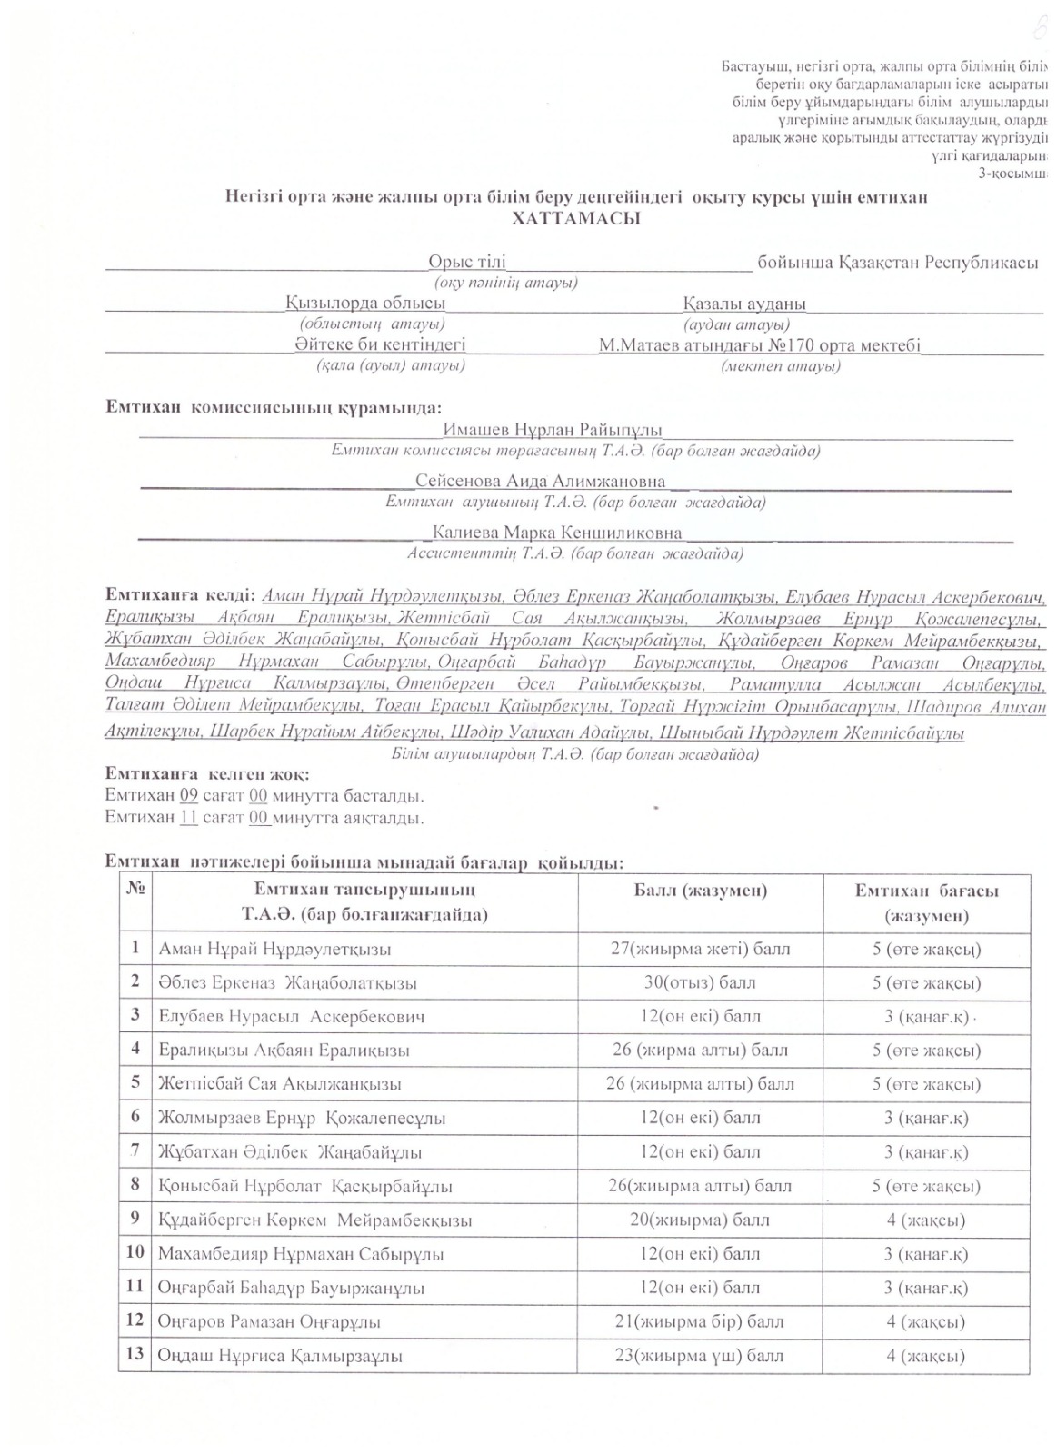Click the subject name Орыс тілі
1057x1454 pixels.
pos(466,262)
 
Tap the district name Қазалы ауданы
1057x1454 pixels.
pos(744,304)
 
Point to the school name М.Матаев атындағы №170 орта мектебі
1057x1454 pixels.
pos(759,345)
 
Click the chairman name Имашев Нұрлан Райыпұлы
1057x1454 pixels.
pos(553,430)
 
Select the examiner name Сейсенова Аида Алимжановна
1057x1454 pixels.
pos(540,481)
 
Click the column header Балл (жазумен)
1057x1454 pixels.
pos(700,890)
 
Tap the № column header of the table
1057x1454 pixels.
pos(135,889)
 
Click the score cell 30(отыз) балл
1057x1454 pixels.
pos(700,982)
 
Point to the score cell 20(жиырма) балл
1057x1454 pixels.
pos(700,1220)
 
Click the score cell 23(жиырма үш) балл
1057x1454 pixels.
pos(700,1356)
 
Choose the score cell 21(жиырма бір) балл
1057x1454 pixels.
pos(700,1321)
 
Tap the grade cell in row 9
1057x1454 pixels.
pos(926,1220)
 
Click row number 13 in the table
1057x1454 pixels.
pos(135,1354)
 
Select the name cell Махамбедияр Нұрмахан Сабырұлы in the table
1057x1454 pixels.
pos(301,1254)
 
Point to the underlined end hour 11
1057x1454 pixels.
pos(189,817)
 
